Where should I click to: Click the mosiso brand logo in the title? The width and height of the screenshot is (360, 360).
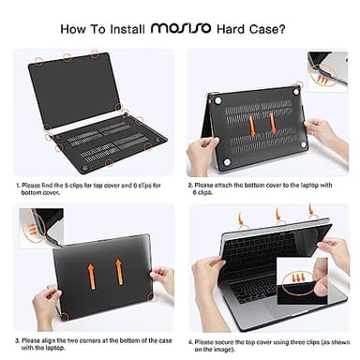(x=186, y=29)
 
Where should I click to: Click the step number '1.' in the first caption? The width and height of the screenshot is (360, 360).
(x=18, y=187)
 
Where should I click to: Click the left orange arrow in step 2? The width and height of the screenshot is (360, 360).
(x=253, y=121)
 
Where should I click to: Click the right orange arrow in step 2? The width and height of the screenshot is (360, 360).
(x=273, y=121)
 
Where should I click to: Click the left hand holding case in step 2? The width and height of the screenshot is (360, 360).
(x=203, y=150)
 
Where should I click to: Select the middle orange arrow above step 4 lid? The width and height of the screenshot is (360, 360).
(x=278, y=217)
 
